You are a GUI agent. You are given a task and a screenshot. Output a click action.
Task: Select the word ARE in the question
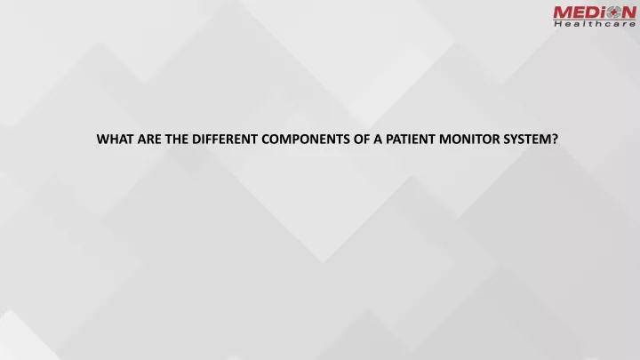click(149, 140)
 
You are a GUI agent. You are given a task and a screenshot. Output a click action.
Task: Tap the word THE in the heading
click(177, 140)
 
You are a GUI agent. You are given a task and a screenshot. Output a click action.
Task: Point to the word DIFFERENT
click(225, 140)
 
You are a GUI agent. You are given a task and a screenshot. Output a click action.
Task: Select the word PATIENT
click(410, 140)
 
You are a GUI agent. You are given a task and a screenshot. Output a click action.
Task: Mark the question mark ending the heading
click(555, 140)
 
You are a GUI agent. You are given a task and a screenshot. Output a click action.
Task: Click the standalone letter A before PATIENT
click(378, 140)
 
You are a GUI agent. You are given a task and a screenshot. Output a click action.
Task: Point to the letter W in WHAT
click(103, 140)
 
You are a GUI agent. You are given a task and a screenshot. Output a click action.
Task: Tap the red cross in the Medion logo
click(612, 12)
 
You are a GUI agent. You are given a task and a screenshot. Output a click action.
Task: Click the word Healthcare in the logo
click(595, 24)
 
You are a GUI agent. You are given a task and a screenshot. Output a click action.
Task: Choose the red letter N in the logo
click(628, 12)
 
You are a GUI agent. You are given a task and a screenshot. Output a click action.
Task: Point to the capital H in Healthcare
click(557, 24)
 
